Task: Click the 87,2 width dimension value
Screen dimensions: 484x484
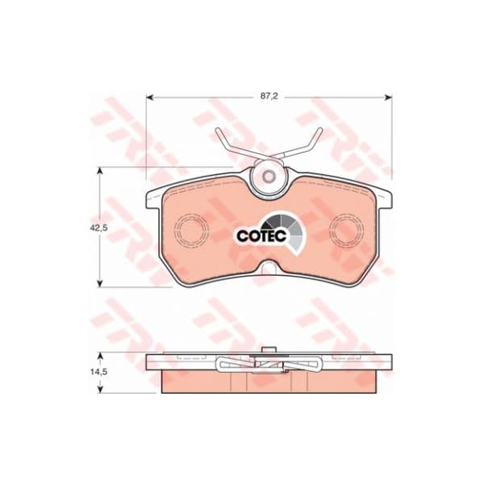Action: [269, 96]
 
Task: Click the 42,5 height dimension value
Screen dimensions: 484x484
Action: [98, 228]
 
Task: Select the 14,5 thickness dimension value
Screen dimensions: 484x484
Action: [98, 372]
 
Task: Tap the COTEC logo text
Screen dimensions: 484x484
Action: [261, 236]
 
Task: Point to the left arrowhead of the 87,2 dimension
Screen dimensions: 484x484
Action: [150, 98]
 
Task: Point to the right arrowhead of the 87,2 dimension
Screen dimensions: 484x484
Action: [388, 98]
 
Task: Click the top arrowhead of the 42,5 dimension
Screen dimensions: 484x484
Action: [99, 171]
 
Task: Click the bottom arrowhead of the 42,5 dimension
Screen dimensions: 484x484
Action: [99, 283]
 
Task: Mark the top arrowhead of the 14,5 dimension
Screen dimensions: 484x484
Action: [99, 357]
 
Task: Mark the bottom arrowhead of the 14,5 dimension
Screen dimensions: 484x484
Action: [99, 390]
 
